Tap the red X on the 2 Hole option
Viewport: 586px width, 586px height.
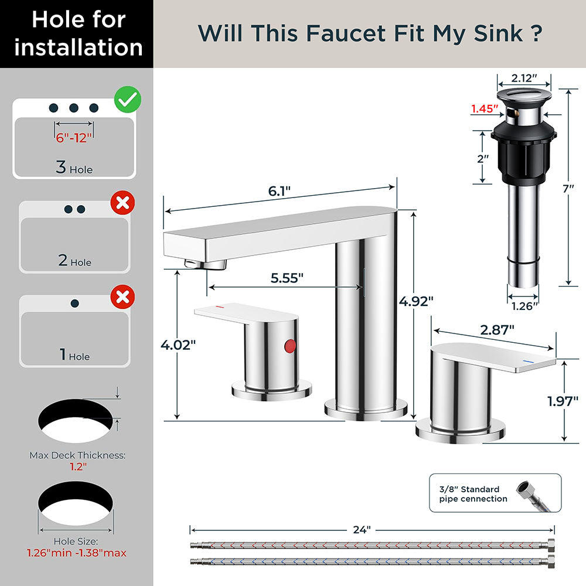[122, 203]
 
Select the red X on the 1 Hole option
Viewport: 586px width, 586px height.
[122, 297]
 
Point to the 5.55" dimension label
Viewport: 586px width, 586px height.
[287, 278]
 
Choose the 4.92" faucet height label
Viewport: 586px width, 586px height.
[416, 301]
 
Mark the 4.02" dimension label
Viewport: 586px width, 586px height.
[178, 345]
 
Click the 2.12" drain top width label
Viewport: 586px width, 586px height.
[524, 78]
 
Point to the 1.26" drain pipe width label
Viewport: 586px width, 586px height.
[523, 306]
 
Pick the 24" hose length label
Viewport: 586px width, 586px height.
[362, 530]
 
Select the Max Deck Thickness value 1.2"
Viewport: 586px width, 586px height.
[77, 466]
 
